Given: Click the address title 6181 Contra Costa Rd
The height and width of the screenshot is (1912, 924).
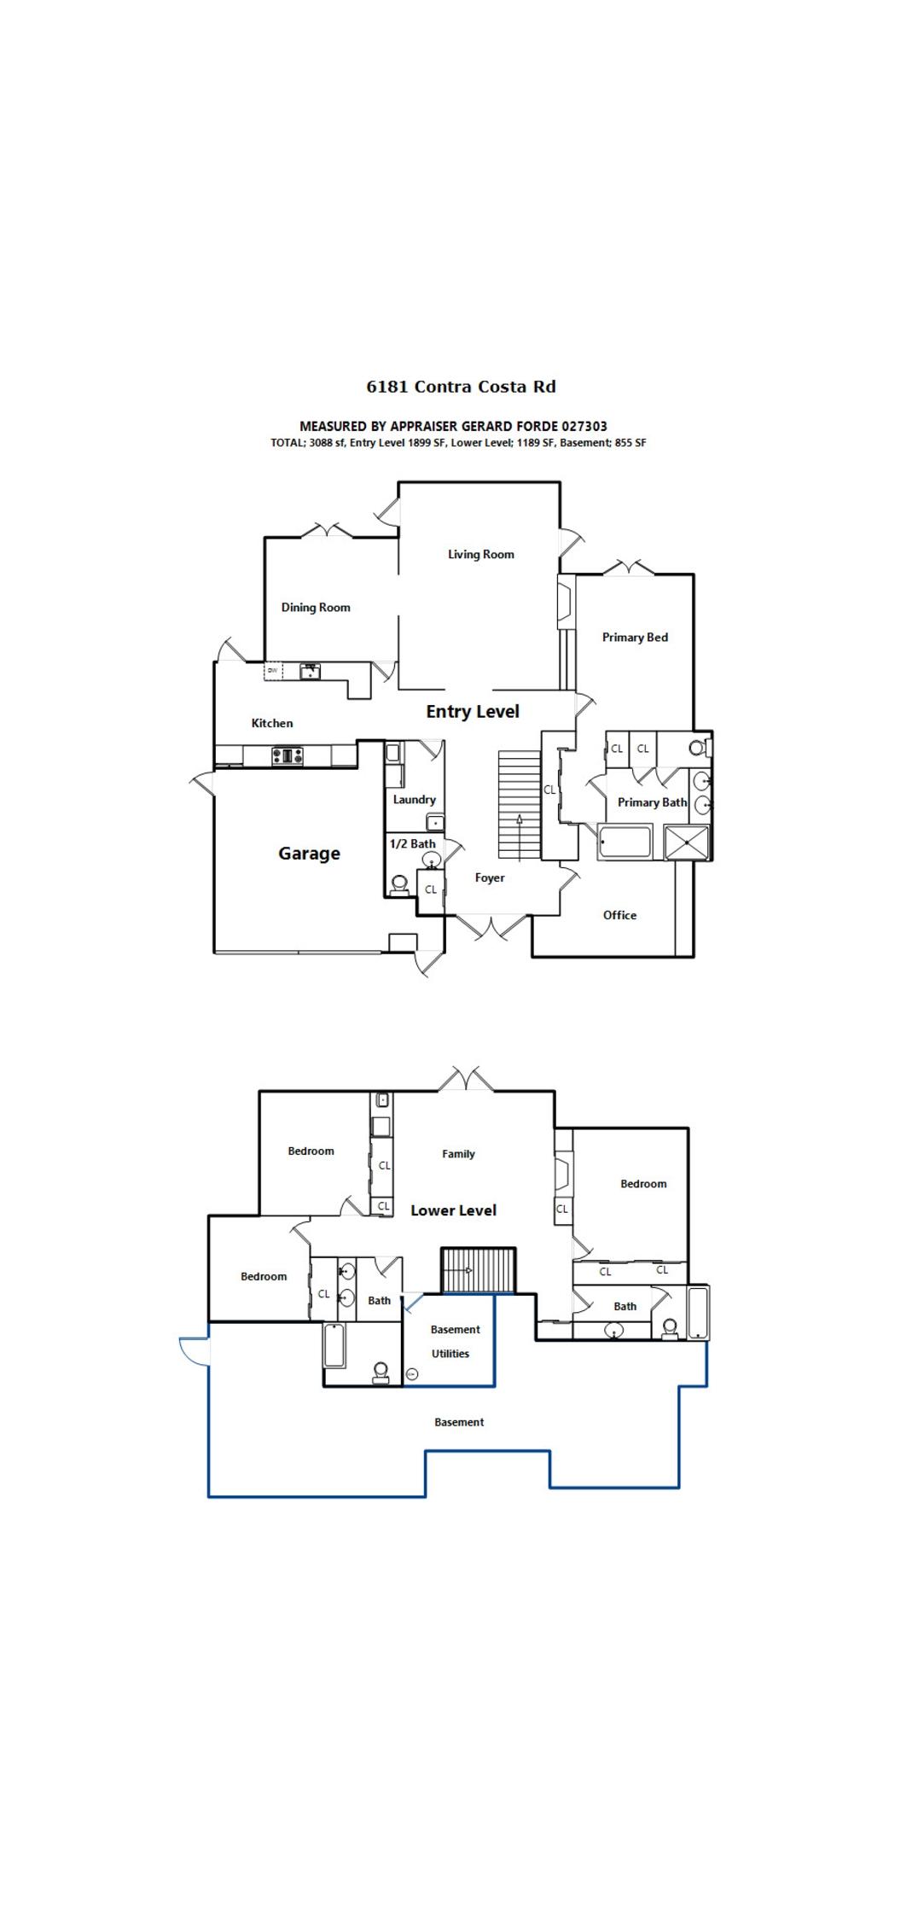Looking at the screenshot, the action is point(461,387).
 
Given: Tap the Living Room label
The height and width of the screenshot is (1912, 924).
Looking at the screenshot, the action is point(481,555).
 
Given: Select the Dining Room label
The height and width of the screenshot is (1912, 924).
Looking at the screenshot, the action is point(316,608).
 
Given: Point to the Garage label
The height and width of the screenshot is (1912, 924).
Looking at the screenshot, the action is point(309,854).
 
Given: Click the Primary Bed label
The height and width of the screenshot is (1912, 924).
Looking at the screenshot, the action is point(635,638).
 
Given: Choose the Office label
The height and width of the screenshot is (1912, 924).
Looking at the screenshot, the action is point(619,915).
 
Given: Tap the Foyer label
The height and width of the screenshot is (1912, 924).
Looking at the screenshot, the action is point(490,878).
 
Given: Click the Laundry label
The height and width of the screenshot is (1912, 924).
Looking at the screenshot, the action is point(414,800).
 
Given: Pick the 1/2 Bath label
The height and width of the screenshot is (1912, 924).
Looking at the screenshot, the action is point(413,844).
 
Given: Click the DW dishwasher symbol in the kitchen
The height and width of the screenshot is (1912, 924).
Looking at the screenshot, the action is point(273,671).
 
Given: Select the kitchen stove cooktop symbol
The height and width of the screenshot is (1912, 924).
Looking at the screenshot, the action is point(288,755).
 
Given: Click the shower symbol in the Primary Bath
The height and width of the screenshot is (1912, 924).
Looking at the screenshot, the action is point(687,842).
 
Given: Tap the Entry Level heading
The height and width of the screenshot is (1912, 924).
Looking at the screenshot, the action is point(473,712).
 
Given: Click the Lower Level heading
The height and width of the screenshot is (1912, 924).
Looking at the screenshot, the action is point(453,1210).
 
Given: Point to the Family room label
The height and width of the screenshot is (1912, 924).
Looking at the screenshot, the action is point(458,1154).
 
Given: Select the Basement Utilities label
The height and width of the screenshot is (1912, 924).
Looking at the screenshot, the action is point(453,1342).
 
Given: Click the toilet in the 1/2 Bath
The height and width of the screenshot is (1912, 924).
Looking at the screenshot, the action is point(398,884).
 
